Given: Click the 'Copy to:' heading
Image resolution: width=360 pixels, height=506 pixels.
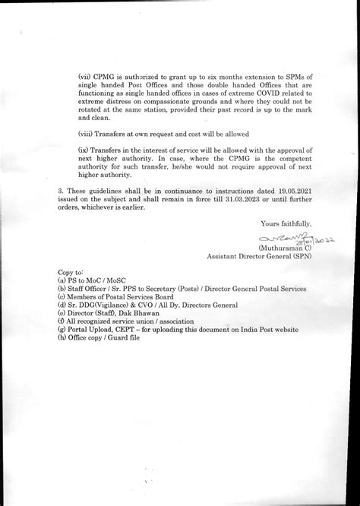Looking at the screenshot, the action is [71, 271].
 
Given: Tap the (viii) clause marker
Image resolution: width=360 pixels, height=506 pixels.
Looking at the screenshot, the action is [87, 131].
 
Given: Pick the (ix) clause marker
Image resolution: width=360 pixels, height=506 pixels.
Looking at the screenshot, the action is [84, 150].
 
